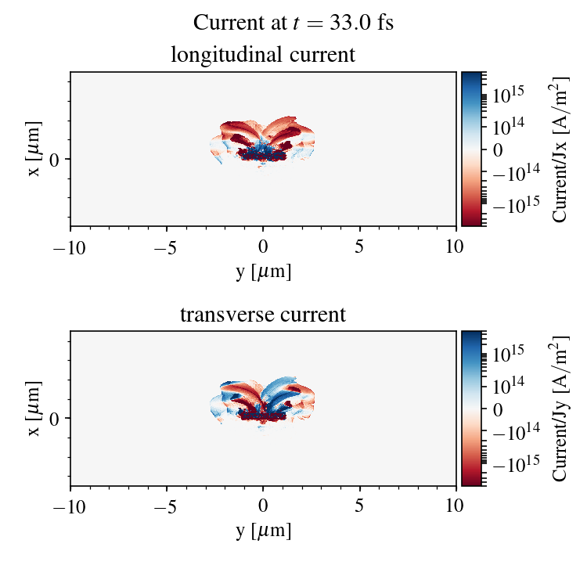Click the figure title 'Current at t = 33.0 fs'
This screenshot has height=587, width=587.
(x=293, y=23)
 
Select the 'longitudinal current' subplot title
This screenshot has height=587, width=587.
(x=263, y=56)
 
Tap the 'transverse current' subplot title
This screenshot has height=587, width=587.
(x=263, y=315)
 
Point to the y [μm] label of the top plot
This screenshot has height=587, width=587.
(x=263, y=272)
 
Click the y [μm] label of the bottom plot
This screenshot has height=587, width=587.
(x=263, y=531)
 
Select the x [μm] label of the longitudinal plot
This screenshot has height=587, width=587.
(x=34, y=149)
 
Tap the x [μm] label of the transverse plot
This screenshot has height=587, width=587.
(x=34, y=409)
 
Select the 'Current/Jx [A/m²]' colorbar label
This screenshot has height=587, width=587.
(x=561, y=149)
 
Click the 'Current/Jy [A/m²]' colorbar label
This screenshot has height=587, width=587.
(x=561, y=409)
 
